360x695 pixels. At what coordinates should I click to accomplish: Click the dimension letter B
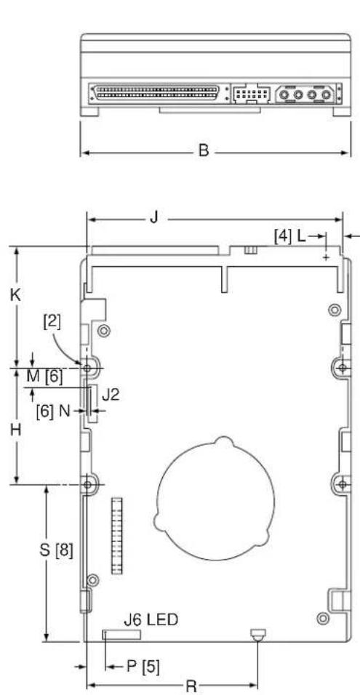click(x=203, y=150)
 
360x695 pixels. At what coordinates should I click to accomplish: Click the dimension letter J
click(x=154, y=217)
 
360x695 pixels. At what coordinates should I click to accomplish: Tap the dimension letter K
click(x=15, y=295)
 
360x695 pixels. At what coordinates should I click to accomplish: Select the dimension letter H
click(x=16, y=430)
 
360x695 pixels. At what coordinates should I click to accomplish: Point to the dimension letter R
click(x=191, y=686)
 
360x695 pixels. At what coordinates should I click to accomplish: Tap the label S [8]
click(x=56, y=550)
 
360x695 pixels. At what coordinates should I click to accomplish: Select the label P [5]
click(x=143, y=666)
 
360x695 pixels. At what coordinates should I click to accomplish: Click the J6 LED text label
click(x=151, y=619)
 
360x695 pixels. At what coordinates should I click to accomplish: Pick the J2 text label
click(x=111, y=395)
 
